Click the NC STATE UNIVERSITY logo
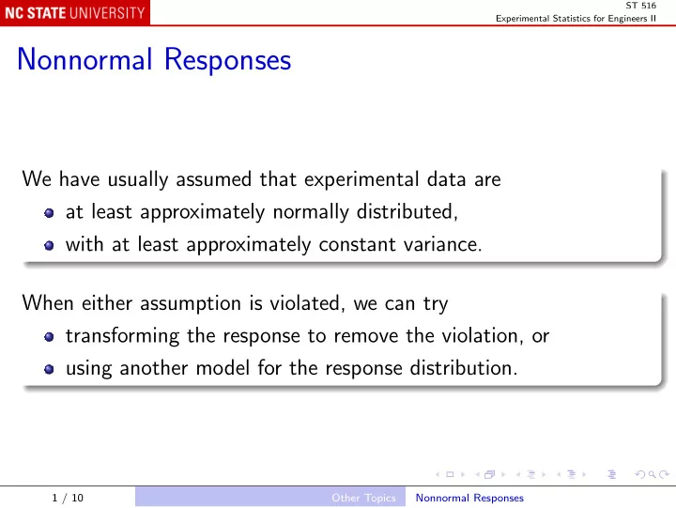click(x=75, y=12)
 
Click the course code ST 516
click(x=640, y=6)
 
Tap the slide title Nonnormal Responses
click(x=154, y=59)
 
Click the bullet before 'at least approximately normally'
click(x=49, y=213)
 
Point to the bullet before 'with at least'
click(x=49, y=245)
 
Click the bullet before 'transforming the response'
click(x=49, y=337)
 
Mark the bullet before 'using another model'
click(x=49, y=369)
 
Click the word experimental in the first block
click(x=361, y=179)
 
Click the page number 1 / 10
click(x=68, y=498)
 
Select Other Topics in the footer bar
click(x=363, y=498)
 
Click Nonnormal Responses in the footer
click(x=469, y=498)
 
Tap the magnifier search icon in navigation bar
click(x=653, y=475)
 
